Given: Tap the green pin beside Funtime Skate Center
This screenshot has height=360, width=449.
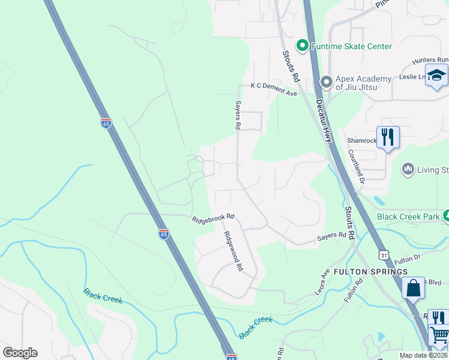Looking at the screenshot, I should [x=303, y=46].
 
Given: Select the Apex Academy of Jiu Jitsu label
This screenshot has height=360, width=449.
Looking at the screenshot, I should [x=363, y=83].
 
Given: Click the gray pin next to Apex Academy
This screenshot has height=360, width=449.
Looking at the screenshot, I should [x=327, y=81].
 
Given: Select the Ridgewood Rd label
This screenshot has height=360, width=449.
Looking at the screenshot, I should [x=234, y=251].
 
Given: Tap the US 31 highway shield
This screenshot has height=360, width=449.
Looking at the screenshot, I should [x=384, y=255].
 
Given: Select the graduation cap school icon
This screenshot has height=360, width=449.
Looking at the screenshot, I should [x=436, y=76].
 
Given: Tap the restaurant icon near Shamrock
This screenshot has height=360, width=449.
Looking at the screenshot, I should [x=388, y=137].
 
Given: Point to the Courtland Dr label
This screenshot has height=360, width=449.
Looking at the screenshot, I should [x=355, y=165].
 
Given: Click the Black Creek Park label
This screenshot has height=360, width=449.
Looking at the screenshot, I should [x=409, y=216].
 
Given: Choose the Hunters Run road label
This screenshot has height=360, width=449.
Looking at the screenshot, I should [x=430, y=60].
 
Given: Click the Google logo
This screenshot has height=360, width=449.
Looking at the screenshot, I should [x=20, y=353].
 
